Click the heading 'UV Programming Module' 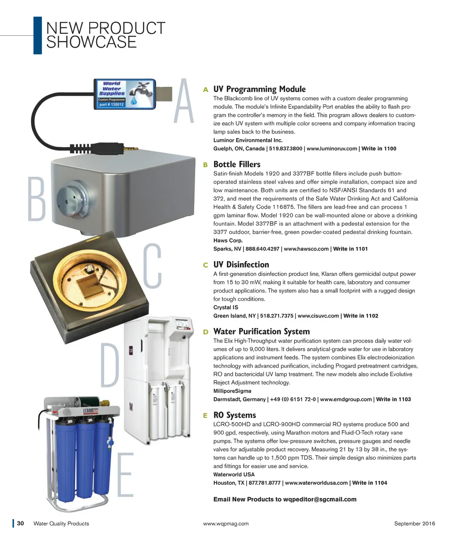259,89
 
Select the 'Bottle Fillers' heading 237,164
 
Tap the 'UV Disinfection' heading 241,264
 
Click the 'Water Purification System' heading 261,331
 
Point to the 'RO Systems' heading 234,415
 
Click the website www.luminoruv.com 331,149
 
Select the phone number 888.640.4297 262,249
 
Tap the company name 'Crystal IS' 226,307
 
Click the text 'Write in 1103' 393,399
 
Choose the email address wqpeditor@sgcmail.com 320,499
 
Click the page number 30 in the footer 20,523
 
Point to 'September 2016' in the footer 414,523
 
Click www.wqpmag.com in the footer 226,524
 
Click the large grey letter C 152,265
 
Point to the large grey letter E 126,475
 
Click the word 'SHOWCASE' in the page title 91,42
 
